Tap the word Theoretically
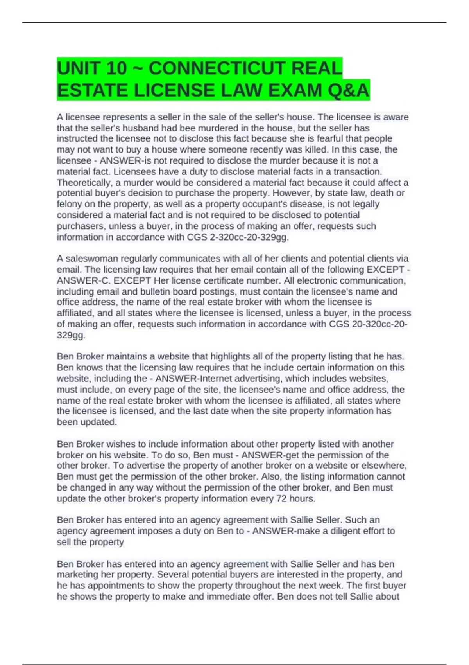click(84, 183)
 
